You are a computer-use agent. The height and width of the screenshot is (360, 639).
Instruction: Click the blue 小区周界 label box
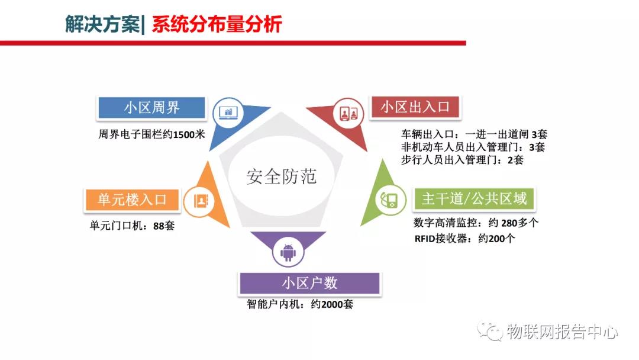151,108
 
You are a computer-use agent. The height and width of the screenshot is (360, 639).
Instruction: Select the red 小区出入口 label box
415,107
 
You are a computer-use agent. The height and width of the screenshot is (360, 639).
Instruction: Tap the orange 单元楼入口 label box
132,200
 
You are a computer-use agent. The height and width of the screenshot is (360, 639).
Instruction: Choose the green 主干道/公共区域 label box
474,199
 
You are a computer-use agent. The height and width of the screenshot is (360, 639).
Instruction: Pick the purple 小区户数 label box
309,283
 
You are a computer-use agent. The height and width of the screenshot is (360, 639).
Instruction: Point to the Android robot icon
288,252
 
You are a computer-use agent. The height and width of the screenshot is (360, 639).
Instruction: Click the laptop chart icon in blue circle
228,112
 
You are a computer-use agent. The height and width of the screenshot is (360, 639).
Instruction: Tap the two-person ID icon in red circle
349,113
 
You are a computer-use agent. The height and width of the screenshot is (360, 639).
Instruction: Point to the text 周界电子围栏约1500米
151,134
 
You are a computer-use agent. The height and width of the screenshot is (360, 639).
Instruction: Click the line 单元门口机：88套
132,226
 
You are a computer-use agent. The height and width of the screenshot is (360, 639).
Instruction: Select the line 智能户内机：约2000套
300,304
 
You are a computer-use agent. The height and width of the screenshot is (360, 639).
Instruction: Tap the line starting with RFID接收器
464,239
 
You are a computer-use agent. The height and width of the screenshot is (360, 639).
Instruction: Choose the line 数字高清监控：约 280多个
476,223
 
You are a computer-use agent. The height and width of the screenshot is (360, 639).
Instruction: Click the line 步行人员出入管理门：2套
462,160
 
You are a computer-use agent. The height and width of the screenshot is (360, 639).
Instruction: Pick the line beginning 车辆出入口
474,134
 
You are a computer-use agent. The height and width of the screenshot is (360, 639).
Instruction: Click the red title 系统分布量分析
217,24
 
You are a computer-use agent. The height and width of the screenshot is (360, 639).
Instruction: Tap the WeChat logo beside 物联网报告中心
490,331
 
